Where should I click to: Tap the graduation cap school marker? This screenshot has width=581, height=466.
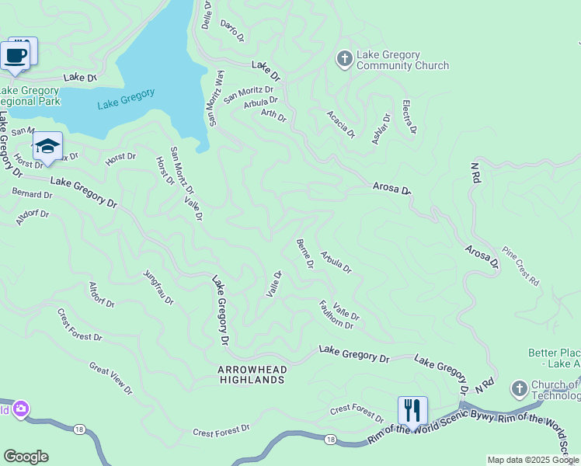tap(47, 147)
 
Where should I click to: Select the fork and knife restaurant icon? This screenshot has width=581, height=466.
tap(412, 410)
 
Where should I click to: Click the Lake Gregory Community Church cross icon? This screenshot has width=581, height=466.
tap(344, 58)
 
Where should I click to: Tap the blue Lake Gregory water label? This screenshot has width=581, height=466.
tap(126, 99)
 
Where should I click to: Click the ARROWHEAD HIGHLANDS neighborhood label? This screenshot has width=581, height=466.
tap(252, 374)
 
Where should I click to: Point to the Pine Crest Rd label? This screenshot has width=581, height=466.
tap(520, 266)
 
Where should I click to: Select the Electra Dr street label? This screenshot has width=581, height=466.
tap(409, 116)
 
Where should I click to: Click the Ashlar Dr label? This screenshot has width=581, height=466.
tap(381, 125)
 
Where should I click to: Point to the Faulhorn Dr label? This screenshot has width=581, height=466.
tap(336, 314)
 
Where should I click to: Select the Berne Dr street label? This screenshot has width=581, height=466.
tap(304, 254)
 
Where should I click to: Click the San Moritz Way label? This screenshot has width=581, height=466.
tap(214, 98)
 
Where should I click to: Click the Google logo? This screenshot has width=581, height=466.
tap(26, 457)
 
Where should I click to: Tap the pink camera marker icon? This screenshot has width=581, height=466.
tap(20, 409)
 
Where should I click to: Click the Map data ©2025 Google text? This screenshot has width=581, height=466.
tap(533, 460)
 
